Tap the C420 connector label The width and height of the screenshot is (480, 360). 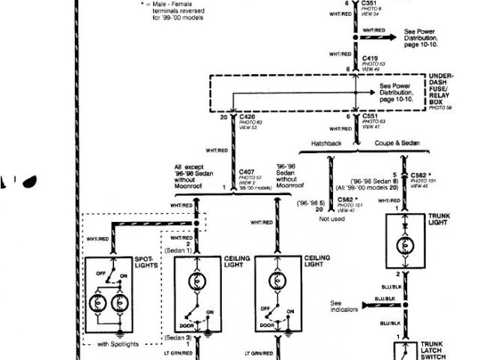pos(248,117)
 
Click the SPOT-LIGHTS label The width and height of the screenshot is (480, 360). pos(146,264)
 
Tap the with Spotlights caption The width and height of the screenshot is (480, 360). pos(118,344)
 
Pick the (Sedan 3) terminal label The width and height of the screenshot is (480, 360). pos(178,338)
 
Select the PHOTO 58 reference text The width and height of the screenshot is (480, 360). pos(439,107)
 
